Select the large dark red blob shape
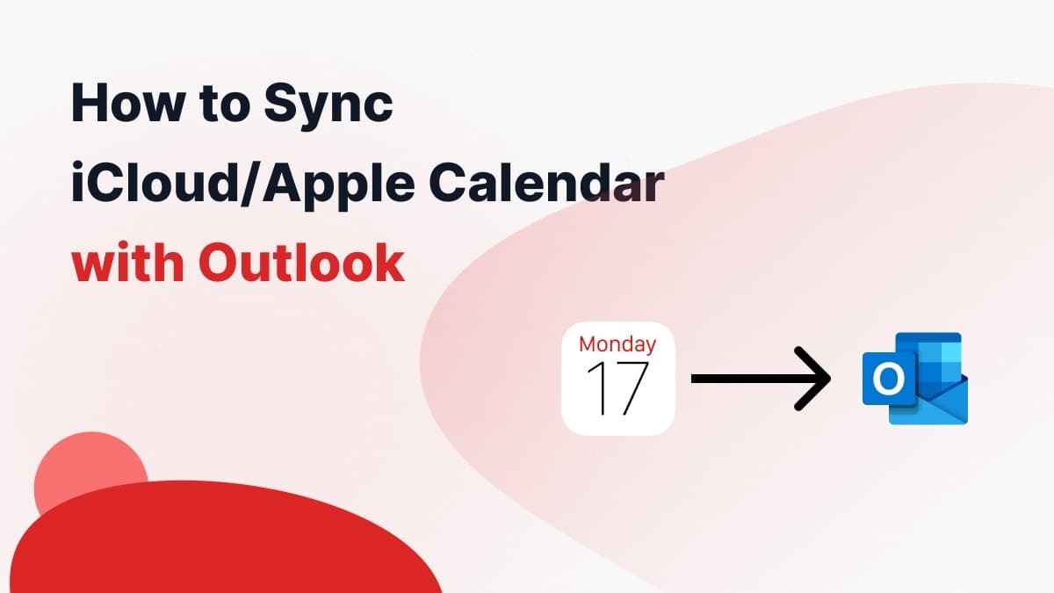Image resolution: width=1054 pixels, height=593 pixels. [x=220, y=545]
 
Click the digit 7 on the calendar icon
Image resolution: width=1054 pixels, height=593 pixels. [x=631, y=387]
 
